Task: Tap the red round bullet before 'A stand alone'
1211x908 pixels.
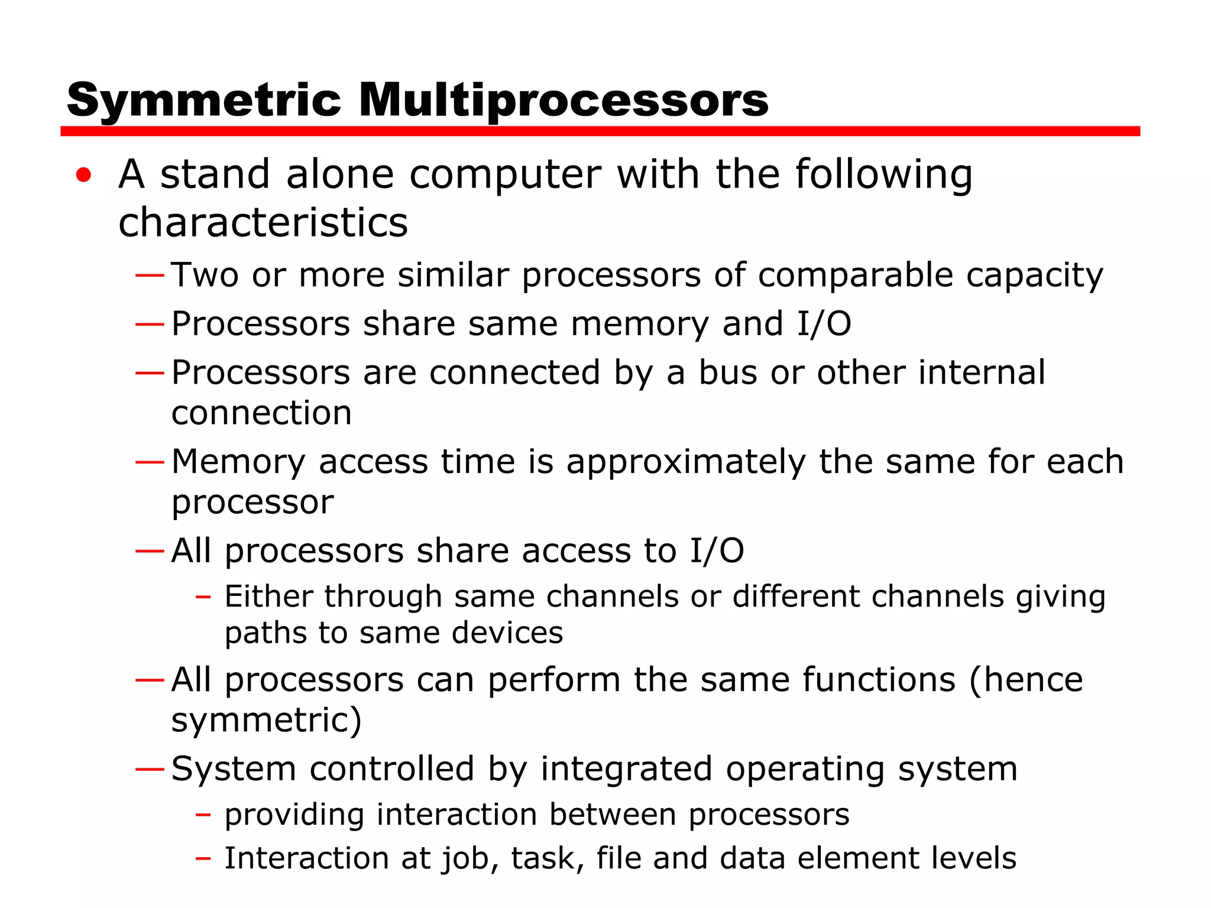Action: click(84, 175)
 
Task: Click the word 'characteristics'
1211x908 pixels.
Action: click(263, 223)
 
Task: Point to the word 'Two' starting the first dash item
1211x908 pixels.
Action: click(205, 275)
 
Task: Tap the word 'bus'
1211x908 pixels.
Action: click(728, 373)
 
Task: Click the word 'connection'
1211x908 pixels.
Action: click(261, 413)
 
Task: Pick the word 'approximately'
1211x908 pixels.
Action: click(686, 462)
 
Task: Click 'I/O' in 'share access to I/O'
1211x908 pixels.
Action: click(717, 551)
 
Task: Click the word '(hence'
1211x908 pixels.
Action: click(1026, 680)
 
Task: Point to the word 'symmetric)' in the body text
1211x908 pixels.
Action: click(266, 720)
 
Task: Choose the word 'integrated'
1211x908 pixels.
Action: click(626, 769)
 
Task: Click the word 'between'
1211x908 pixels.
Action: click(613, 815)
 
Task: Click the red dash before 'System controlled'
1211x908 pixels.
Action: click(150, 769)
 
